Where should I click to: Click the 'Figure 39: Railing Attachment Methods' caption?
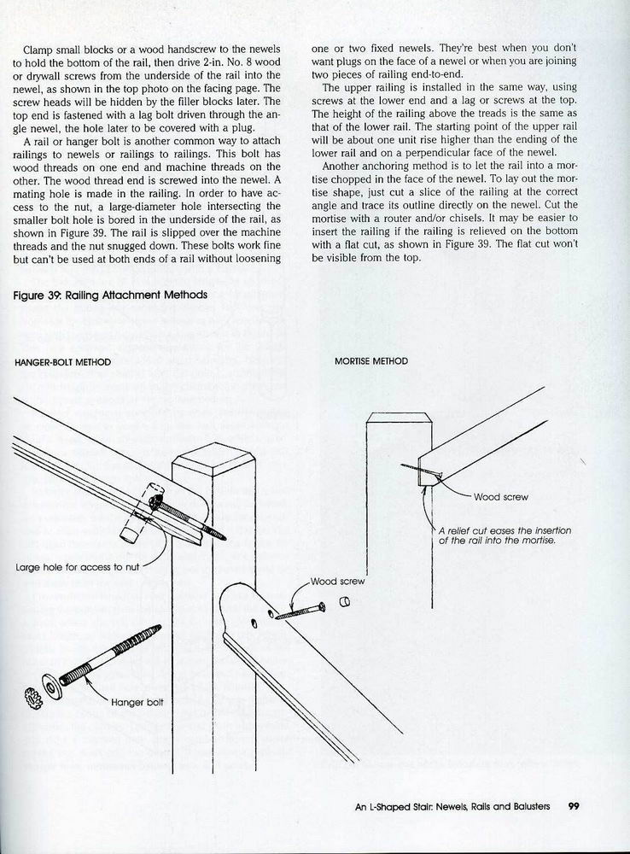coord(111,295)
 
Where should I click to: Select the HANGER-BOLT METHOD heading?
coord(63,361)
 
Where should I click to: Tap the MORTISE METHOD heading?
coord(371,361)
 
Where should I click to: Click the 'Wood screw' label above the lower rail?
coord(337,582)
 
